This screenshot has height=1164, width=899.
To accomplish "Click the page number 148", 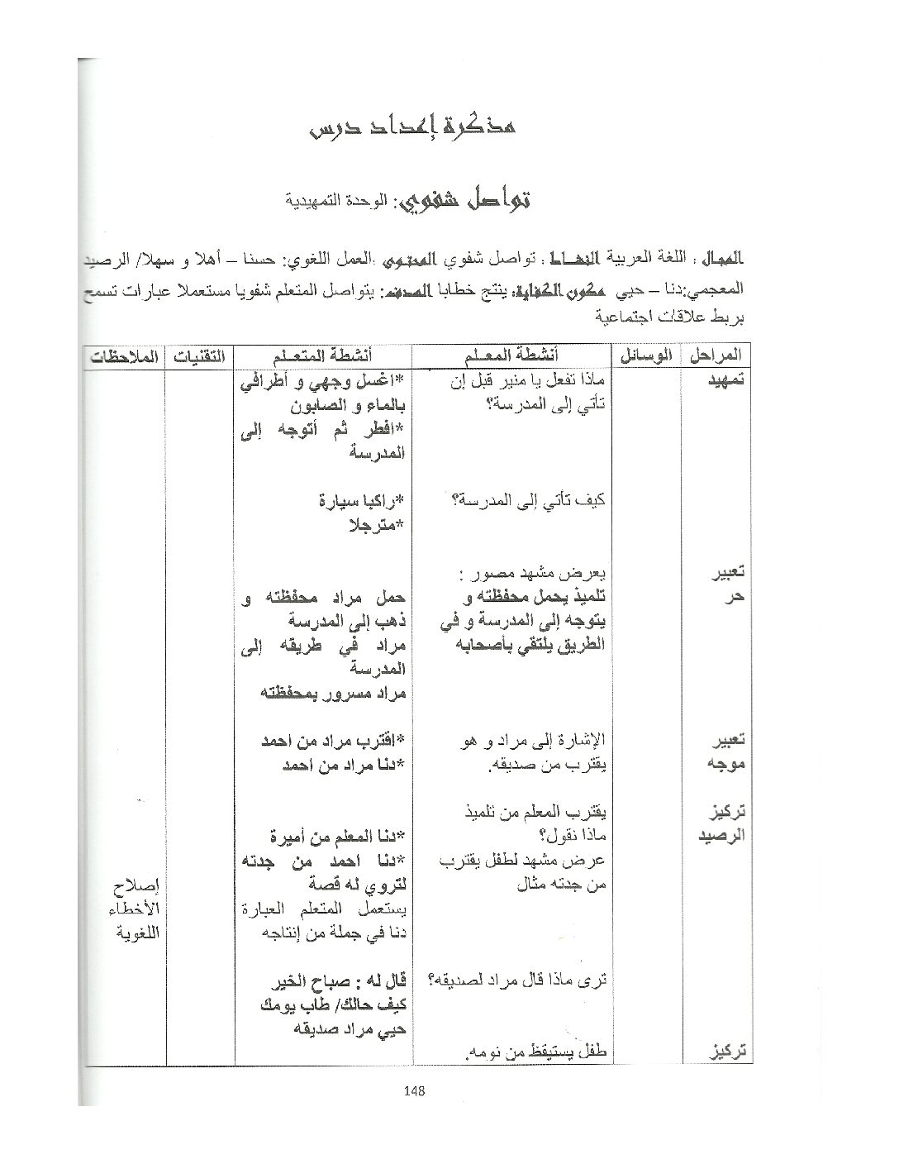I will click(x=415, y=1090).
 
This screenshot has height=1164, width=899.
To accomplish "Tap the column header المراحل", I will click(x=714, y=355).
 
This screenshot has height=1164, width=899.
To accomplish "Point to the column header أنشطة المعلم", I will click(x=511, y=355).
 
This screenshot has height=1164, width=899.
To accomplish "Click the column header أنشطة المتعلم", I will click(x=324, y=355).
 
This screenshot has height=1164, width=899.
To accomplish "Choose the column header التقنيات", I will click(x=199, y=355).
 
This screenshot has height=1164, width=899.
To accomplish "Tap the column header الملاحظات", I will click(x=124, y=355).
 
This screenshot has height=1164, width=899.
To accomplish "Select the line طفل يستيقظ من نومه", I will click(x=535, y=1052).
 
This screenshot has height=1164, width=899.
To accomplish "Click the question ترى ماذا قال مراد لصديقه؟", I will click(x=519, y=980).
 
